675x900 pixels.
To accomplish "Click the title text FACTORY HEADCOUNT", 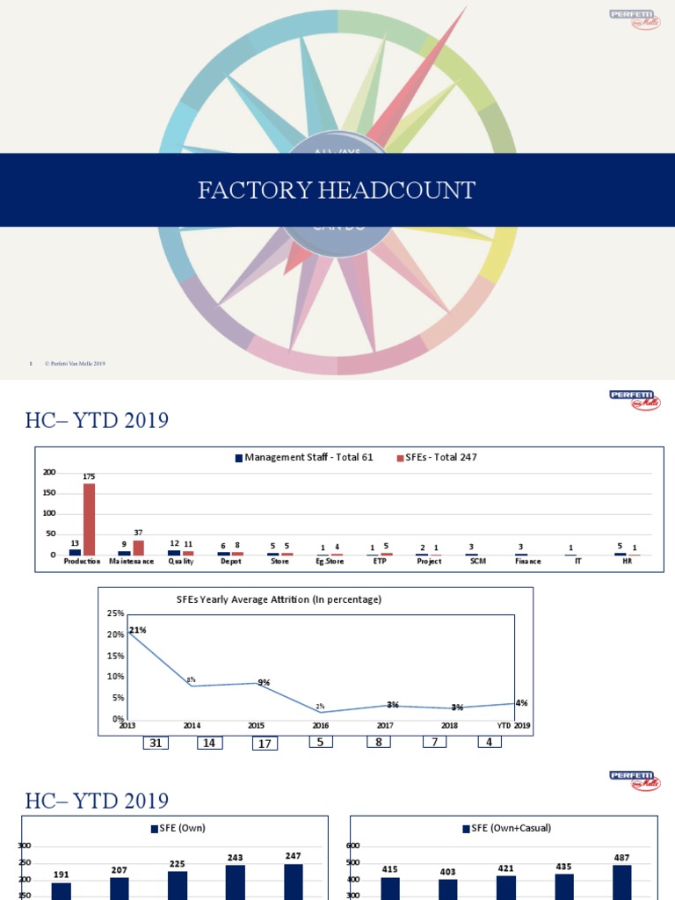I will pos(337,190).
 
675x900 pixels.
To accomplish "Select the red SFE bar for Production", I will pos(89,519).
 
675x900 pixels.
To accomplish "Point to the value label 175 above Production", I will pos(89,476).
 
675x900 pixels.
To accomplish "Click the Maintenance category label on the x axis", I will pos(132,561).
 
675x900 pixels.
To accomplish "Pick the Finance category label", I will pos(527,561).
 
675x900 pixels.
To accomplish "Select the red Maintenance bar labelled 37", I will pos(138,548).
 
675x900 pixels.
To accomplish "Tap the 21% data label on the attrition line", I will pos(138,630).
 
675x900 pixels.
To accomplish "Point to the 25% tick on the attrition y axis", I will pos(115,613).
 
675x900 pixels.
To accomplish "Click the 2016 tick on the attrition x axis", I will pos(321,726).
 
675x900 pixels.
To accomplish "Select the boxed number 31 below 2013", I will pos(156,744).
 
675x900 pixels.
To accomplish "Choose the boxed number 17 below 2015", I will pos(264,744).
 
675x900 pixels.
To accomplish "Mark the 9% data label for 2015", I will pos(264,683).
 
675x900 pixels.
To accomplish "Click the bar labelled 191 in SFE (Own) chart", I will pos(61,890).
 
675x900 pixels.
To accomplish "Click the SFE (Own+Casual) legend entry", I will pos(502,828).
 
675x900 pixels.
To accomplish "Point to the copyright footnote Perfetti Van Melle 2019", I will pos(75,364).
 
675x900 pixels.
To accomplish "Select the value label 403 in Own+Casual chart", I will pos(447,872).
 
